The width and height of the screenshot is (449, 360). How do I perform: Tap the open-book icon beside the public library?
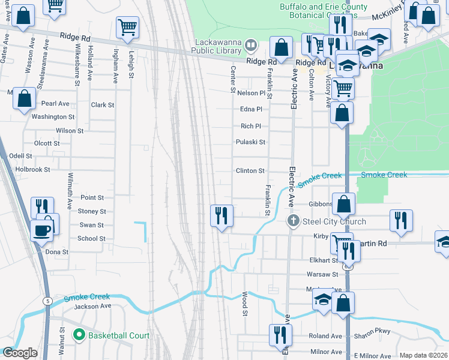tap(252, 44)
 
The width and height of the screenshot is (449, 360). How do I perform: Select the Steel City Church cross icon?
tap(293, 221)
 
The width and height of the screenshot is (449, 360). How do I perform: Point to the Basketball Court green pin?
tap(77, 335)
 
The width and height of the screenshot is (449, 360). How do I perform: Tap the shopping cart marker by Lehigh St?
tap(127, 27)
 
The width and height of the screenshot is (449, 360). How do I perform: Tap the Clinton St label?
tap(250, 171)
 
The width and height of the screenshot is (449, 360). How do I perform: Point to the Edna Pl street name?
tap(251, 109)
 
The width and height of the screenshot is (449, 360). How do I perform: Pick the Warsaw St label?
tap(322, 274)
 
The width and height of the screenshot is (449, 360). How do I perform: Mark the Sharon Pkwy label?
tap(375, 331)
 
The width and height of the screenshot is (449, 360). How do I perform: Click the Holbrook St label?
tap(34, 170)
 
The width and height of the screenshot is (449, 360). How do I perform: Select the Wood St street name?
tap(245, 304)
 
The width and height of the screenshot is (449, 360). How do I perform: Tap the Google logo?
tap(20, 353)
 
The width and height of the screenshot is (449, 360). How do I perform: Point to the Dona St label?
tap(58, 253)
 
